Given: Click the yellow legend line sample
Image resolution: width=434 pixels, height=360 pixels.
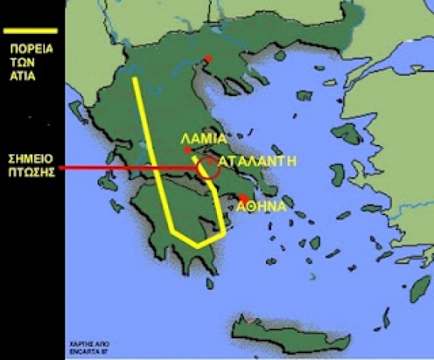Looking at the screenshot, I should [x=31, y=31].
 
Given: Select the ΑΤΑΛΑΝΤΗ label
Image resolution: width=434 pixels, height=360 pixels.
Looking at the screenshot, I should [x=252, y=161].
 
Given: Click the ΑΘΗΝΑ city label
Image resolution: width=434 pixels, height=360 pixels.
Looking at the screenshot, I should [x=261, y=208].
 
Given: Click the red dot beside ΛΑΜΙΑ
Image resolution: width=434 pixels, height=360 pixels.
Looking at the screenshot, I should [x=188, y=151].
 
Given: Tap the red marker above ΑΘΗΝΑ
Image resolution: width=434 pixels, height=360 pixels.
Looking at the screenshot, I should [x=243, y=198].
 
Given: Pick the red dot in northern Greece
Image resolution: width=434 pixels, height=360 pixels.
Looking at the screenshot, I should [x=209, y=58].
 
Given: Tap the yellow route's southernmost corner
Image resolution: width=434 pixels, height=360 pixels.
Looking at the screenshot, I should [x=196, y=245].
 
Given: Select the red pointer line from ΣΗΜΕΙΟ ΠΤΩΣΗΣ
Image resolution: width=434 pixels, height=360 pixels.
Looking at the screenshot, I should [x=128, y=168].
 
